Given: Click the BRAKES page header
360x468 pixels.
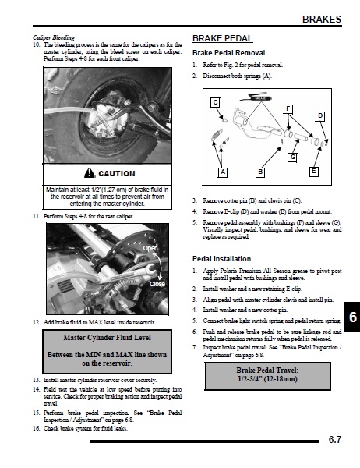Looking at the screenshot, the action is tap(322, 19).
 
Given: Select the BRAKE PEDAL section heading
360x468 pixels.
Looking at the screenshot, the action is tap(223, 38).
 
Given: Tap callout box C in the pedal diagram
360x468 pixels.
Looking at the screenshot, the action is tap(215, 102).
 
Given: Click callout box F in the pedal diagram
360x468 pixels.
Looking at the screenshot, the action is tap(288, 109).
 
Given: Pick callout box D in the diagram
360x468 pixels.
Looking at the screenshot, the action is tap(320, 116).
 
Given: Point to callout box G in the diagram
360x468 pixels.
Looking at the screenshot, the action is tap(292, 158).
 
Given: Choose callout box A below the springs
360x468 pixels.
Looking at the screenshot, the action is tap(223, 172).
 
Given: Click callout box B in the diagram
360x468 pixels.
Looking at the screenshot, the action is tap(260, 172).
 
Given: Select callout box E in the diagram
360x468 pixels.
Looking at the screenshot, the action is tap(313, 172).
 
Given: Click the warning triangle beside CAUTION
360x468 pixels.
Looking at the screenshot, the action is tap(90, 173).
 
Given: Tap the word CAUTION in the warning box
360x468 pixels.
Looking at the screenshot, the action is tap(117, 174).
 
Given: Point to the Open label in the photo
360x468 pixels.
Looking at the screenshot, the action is tap(150, 248).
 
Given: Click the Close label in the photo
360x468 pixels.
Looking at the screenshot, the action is tap(157, 284).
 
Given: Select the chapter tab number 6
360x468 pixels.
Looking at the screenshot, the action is tap(353, 317).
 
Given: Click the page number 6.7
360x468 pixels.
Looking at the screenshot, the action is tap(334, 440).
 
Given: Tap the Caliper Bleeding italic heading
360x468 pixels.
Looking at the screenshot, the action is tap(54, 37).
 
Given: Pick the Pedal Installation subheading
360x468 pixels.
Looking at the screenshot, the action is tap(221, 259).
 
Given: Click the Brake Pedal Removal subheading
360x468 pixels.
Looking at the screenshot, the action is tap(229, 53).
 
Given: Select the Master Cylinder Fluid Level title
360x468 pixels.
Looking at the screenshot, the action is tap(107, 338).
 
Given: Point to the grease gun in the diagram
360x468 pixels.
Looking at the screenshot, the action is tap(257, 97).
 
